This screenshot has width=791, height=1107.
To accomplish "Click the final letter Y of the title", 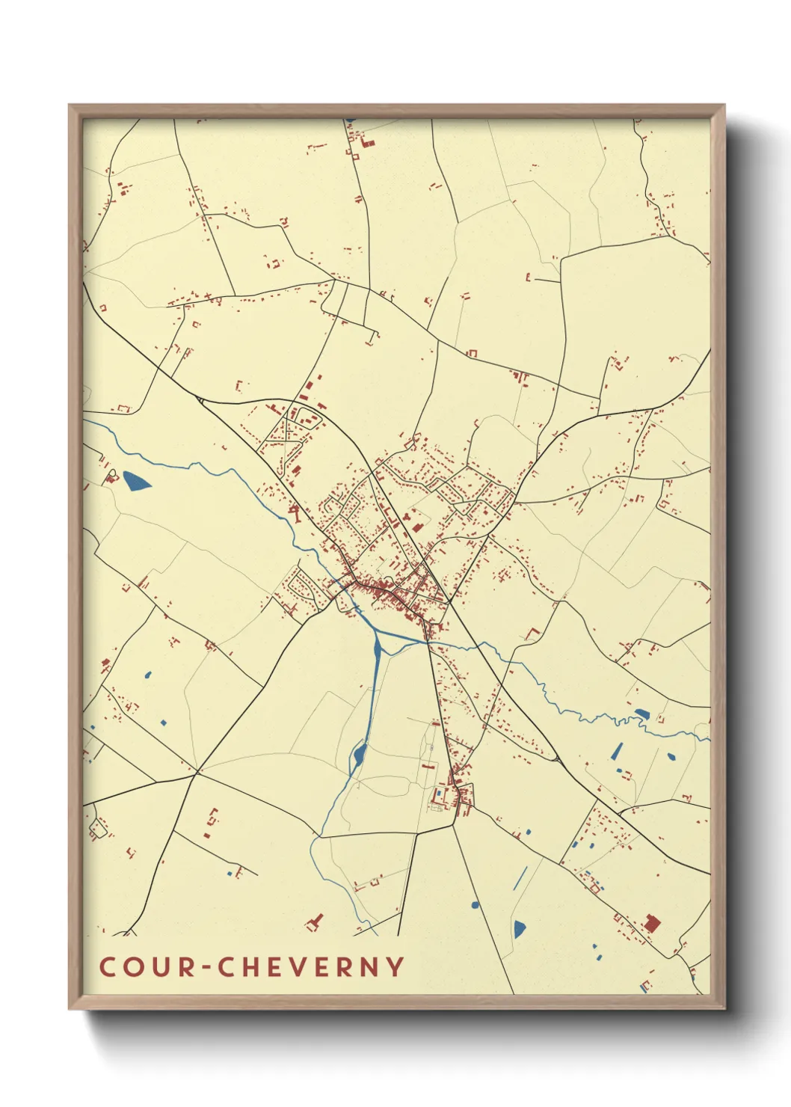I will point(395,966).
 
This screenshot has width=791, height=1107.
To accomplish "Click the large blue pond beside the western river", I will point(135,481).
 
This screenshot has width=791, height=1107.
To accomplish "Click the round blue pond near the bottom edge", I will point(475,905).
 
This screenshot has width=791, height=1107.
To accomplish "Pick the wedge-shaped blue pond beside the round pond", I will point(519,929).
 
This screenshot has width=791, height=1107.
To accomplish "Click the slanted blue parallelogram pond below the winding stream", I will point(617,750).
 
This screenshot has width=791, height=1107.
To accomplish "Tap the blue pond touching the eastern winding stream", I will point(641,713).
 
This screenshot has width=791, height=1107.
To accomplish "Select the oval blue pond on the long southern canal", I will point(359,754).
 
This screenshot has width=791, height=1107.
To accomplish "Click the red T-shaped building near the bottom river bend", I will point(315,922).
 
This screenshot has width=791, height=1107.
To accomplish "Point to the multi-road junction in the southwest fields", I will point(197,770).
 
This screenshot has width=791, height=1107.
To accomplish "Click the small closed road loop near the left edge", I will point(96,828).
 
